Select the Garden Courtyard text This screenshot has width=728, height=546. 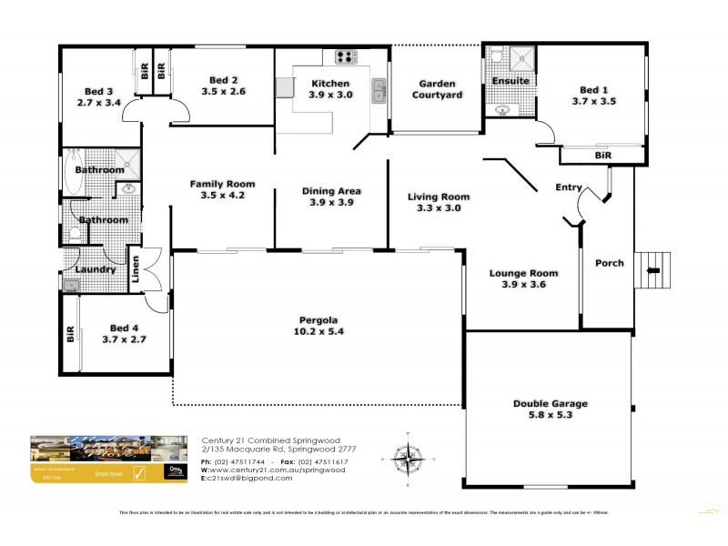pyautogui.click(x=437, y=88)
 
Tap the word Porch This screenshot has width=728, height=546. pyautogui.click(x=609, y=263)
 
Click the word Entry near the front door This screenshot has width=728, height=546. pyautogui.click(x=569, y=187)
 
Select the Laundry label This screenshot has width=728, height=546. pyautogui.click(x=95, y=269)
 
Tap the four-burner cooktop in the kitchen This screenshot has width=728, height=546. pyautogui.click(x=347, y=56)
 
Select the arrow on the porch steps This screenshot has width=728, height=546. pyautogui.click(x=651, y=268)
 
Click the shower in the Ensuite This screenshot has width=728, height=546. pyautogui.click(x=521, y=58)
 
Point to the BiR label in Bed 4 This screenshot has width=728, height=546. pyautogui.click(x=70, y=334)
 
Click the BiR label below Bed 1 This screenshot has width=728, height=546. pyautogui.click(x=602, y=157)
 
